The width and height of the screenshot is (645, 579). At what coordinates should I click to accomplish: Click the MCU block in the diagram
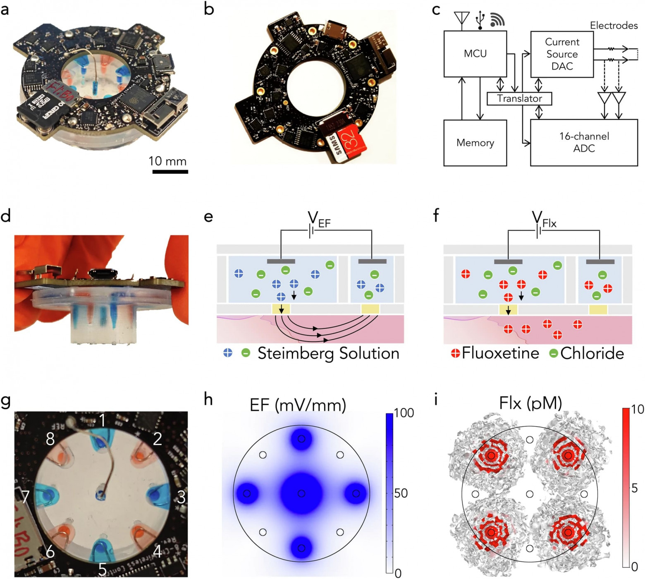(475, 54)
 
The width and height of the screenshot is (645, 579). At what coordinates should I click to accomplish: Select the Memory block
(475, 143)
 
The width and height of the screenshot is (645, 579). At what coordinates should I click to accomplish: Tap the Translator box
(519, 98)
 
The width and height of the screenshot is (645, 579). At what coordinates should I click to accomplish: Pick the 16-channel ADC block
(584, 142)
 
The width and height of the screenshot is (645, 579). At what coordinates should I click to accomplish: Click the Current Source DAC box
(562, 54)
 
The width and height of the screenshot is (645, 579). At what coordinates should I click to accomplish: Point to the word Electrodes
(614, 26)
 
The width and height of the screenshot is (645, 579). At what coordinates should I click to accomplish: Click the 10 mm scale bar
(170, 171)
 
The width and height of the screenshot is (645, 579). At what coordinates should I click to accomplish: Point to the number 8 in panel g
(50, 439)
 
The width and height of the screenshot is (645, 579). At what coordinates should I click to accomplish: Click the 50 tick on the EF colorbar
(400, 493)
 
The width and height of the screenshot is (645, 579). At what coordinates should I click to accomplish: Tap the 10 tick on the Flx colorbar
(637, 409)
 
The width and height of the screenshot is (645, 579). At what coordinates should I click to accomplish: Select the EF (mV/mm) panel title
(298, 404)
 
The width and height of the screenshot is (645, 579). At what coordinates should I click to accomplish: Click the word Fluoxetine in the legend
(500, 353)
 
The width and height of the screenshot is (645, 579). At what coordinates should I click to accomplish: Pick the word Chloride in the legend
(592, 353)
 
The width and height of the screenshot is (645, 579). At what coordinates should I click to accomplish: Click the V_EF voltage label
(319, 219)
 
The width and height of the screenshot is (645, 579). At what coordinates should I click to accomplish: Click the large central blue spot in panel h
(301, 493)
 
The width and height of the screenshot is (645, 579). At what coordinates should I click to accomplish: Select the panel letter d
(6, 215)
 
